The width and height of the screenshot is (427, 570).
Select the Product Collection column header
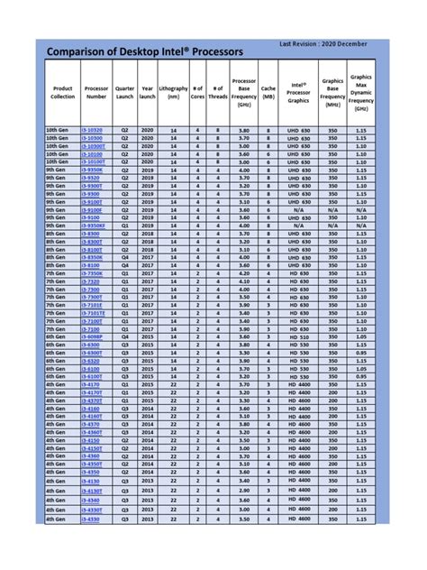click(x=63, y=93)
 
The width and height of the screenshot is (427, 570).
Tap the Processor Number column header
click(x=97, y=93)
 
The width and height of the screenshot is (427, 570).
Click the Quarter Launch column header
click(x=125, y=93)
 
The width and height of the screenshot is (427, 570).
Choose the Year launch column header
click(x=148, y=93)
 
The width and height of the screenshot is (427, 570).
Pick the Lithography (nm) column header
click(x=173, y=93)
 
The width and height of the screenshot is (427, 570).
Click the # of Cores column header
click(x=197, y=93)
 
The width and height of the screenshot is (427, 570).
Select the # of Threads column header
click(x=217, y=93)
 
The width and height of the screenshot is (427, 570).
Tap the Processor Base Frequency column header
click(x=244, y=93)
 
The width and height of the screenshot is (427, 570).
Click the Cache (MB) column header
click(x=268, y=93)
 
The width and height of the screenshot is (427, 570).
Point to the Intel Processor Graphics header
click(x=296, y=93)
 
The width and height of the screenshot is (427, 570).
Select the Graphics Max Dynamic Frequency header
click(x=360, y=93)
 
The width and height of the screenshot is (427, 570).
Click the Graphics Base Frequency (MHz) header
click(x=332, y=93)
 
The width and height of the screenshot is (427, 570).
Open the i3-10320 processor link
click(x=92, y=130)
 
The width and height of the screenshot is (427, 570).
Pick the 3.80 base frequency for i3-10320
click(x=244, y=130)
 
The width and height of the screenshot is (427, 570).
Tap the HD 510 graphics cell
click(x=296, y=336)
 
